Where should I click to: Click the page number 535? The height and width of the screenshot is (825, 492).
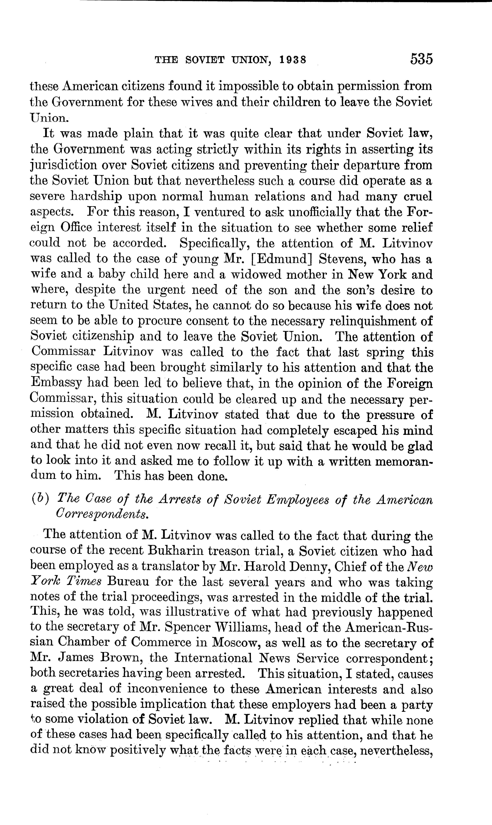point(421,59)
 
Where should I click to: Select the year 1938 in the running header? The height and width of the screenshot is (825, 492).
point(292,60)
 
